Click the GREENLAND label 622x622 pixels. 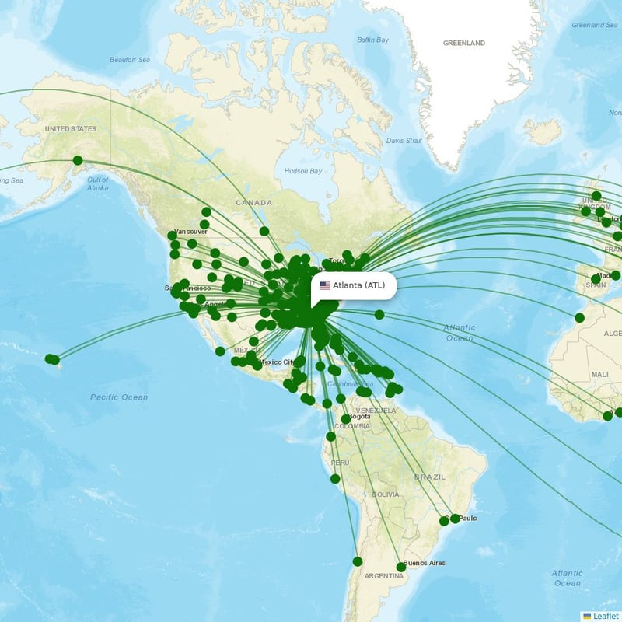click(x=463, y=43)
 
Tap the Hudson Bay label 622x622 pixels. click(x=302, y=171)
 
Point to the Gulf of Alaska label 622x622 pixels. click(x=98, y=183)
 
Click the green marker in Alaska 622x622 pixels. click(x=77, y=161)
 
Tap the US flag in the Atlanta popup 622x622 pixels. click(x=324, y=285)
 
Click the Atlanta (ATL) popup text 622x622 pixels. click(x=358, y=285)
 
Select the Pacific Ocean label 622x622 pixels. click(x=118, y=397)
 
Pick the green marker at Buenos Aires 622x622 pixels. click(x=401, y=567)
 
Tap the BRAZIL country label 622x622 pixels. click(x=429, y=476)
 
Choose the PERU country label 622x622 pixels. click(x=340, y=463)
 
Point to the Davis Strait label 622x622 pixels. click(x=404, y=141)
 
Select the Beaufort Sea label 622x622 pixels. click(x=128, y=59)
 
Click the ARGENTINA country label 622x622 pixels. click(x=384, y=576)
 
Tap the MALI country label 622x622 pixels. click(x=599, y=374)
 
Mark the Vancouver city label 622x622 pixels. click(x=190, y=232)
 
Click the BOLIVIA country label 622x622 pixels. click(x=385, y=494)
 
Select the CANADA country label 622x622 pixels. click(x=254, y=202)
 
